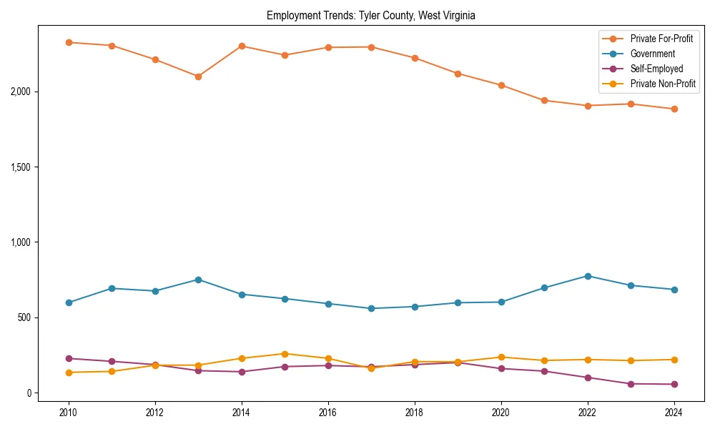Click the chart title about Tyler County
[x=371, y=15]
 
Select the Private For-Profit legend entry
[x=661, y=39]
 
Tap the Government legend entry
[x=652, y=54]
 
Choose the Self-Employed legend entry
[x=656, y=69]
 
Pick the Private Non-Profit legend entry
[x=663, y=84]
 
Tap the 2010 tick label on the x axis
[x=69, y=412]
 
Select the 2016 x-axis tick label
[x=328, y=412]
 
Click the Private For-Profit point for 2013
[x=198, y=77]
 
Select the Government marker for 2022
[x=588, y=276]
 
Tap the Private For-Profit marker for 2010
[x=69, y=42]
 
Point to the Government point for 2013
[x=198, y=280]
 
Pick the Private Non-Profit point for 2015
[x=285, y=354]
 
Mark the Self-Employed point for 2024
[x=674, y=385]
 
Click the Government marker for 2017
[x=371, y=309]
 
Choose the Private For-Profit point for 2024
[x=674, y=109]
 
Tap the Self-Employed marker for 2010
[x=69, y=358]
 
